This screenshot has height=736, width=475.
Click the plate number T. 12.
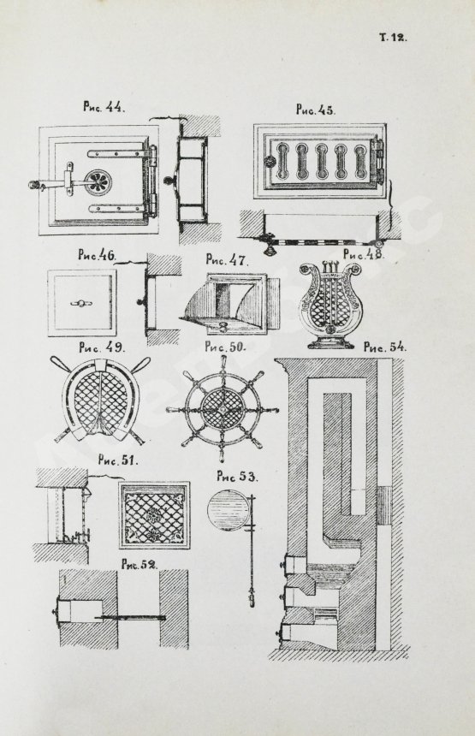(394, 38)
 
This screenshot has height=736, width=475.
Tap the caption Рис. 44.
(104, 107)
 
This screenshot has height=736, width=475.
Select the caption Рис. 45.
(315, 110)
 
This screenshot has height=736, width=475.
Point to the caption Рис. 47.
(227, 259)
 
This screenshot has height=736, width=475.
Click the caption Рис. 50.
(226, 347)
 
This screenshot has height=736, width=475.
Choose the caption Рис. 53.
(236, 477)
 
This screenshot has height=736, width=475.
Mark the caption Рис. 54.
(385, 347)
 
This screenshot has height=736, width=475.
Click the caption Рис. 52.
(139, 565)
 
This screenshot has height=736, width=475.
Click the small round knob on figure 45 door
(270, 162)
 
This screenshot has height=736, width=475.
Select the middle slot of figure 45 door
(321, 162)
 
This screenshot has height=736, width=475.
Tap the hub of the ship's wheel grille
(223, 408)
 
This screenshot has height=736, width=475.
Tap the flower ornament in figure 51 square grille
(154, 514)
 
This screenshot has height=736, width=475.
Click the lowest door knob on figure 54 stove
(281, 635)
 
